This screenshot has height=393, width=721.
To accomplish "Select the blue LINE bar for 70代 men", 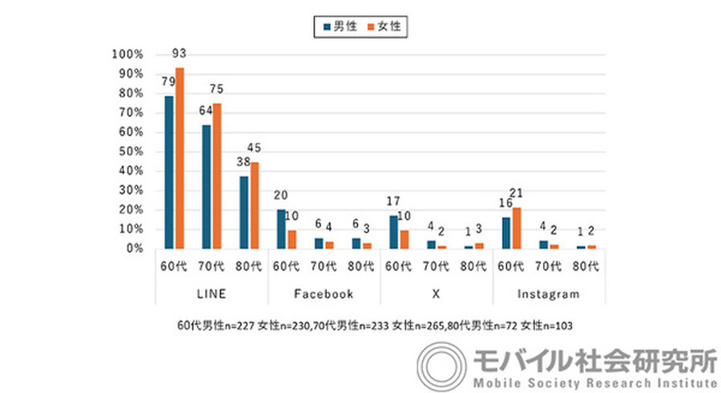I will tap(207, 186).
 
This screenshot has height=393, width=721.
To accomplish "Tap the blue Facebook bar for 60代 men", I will tap(281, 229).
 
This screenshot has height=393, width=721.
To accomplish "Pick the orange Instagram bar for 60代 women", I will tap(517, 228).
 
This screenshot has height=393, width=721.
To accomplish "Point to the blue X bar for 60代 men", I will tap(393, 232).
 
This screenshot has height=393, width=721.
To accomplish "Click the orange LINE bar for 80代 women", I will tap(254, 205).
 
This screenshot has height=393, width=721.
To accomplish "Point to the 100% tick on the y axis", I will tap(127, 55).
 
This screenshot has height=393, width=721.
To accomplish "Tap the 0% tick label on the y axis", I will tap(133, 249).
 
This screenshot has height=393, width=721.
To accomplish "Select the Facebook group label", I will tap(324, 294).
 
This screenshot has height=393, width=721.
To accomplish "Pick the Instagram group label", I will tap(548, 294).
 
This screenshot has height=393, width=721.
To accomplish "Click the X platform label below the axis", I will tap(436, 294).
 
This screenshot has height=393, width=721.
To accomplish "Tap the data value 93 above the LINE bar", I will tap(179, 54).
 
